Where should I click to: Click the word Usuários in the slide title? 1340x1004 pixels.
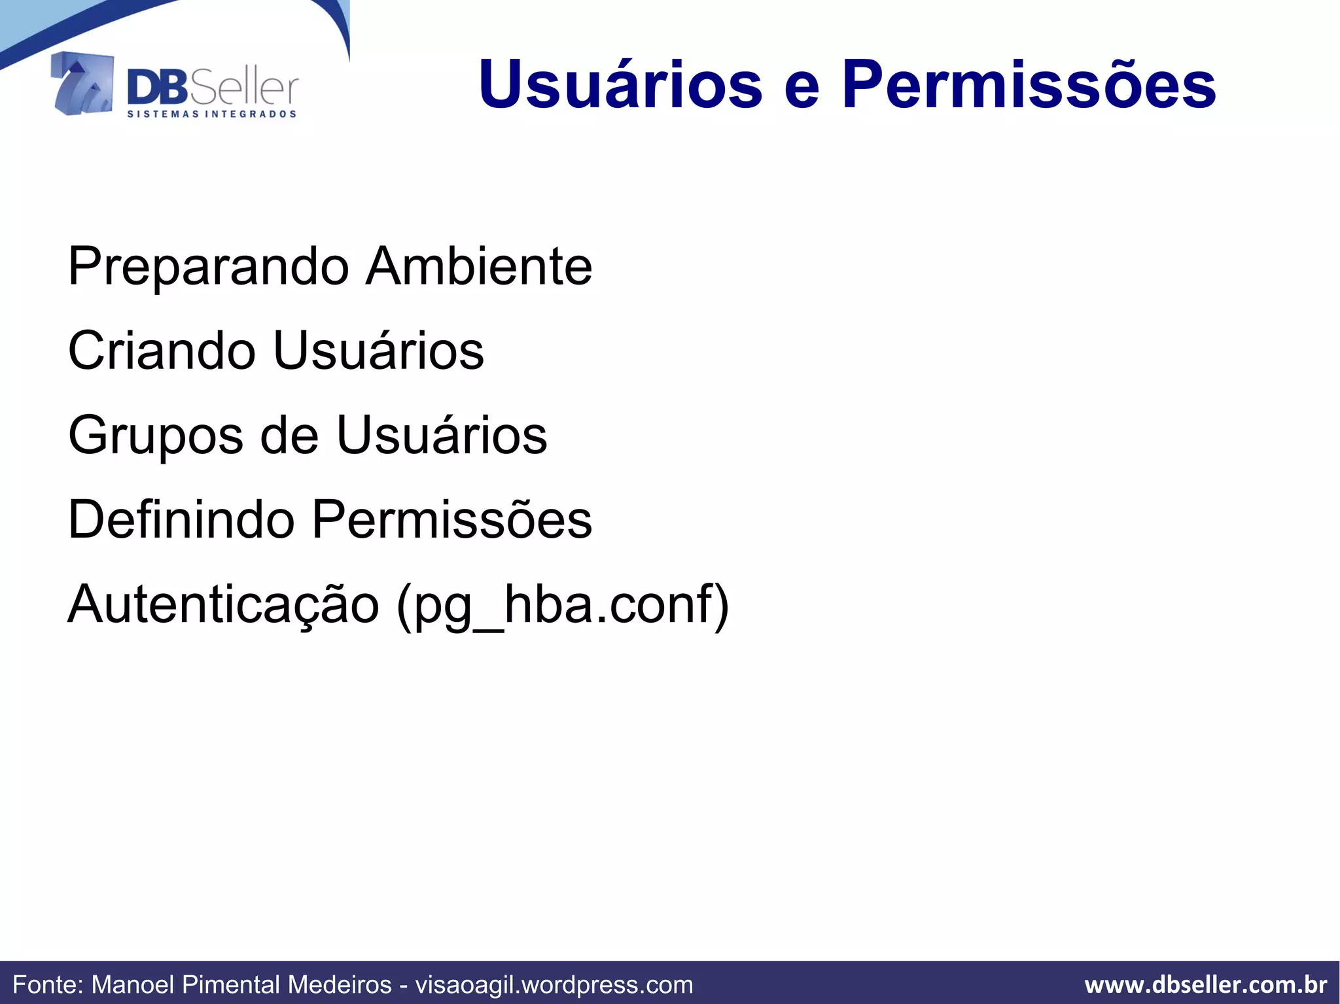click(x=620, y=85)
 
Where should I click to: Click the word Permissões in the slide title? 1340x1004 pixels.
click(x=1029, y=85)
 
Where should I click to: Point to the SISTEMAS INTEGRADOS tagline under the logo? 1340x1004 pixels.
click(x=211, y=114)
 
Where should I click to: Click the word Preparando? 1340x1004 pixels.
click(x=209, y=268)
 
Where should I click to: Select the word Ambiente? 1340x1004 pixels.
click(x=479, y=266)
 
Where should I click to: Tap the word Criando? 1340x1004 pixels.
click(x=162, y=351)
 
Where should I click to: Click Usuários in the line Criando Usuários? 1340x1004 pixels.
click(x=379, y=351)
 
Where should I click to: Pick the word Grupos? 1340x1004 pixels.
click(x=155, y=436)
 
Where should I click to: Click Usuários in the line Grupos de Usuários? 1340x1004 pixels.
click(x=442, y=435)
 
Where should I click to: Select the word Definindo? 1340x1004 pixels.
click(x=181, y=519)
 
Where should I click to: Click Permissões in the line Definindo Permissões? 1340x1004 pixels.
click(x=452, y=519)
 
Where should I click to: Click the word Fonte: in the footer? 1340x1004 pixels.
click(x=48, y=984)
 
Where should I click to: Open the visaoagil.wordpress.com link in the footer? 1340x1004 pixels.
click(x=554, y=984)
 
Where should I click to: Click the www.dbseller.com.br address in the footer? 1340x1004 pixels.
click(x=1206, y=984)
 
